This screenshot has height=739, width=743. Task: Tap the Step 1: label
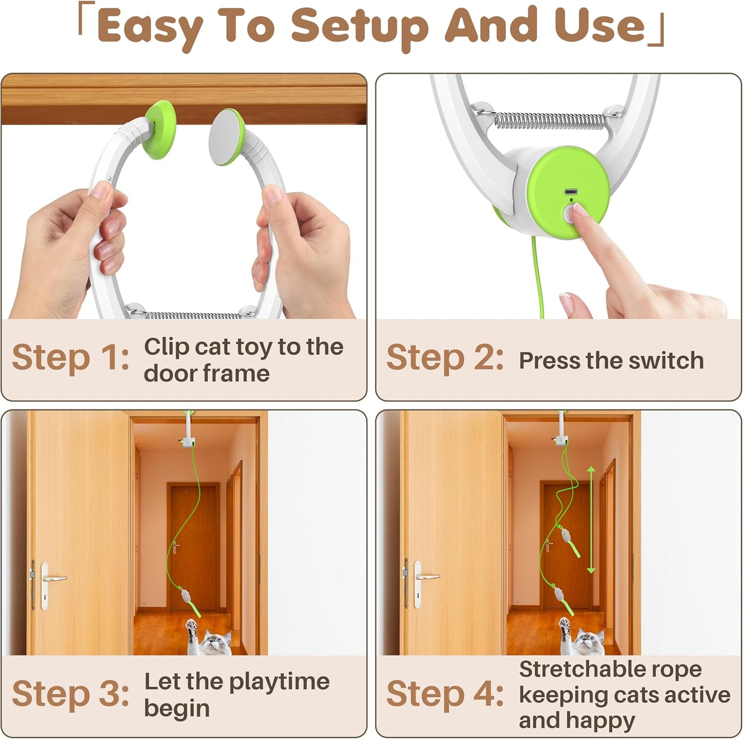pos(70,357)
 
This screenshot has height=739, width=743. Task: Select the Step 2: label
pos(445,357)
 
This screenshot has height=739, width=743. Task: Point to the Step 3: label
pos(70,694)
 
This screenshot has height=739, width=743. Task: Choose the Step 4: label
pos(445,694)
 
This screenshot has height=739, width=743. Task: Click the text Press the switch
pos(611,361)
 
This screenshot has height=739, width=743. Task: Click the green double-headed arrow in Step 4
pos(591,519)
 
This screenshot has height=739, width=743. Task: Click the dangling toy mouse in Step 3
pos(186,598)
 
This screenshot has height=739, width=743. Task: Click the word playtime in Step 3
pos(279,682)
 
